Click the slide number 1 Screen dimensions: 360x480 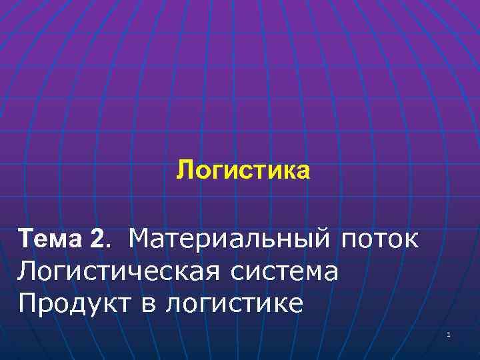[449, 334]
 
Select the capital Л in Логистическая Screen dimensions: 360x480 [27, 271]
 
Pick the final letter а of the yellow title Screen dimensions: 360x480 [304, 173]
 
